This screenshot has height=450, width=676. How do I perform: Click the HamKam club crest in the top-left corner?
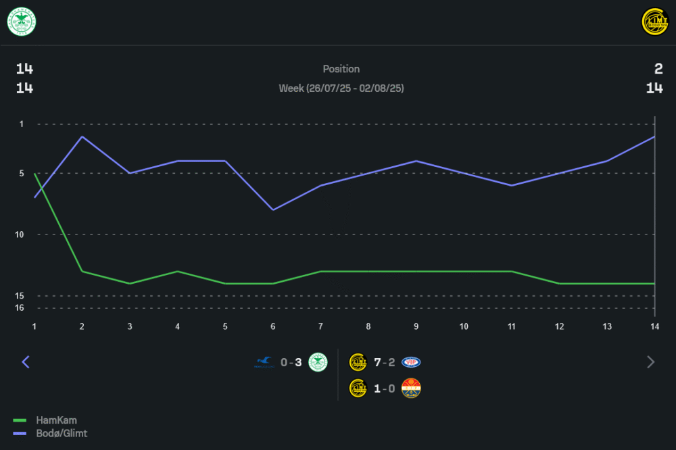click(22, 21)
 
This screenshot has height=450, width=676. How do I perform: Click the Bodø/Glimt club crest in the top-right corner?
click(654, 21)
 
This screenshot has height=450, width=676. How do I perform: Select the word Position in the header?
click(341, 69)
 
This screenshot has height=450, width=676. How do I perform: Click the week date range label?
click(341, 89)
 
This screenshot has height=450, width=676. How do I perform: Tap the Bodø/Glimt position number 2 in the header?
click(658, 69)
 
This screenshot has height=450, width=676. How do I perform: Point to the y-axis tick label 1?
click(22, 124)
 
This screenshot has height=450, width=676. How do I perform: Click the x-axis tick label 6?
click(272, 326)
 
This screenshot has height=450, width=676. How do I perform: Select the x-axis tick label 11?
click(511, 326)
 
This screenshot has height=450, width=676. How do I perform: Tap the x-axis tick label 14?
click(654, 326)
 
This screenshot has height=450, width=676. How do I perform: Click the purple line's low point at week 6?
click(272, 209)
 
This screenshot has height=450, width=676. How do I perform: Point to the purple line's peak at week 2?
click(82, 136)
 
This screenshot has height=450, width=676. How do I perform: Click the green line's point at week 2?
click(82, 272)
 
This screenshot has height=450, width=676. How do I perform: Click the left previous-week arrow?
click(26, 362)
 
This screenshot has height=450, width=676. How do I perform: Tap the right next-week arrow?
click(650, 362)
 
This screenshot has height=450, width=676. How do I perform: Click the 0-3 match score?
click(291, 363)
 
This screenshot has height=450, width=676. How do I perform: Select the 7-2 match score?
click(384, 363)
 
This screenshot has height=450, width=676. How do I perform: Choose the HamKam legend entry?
click(55, 420)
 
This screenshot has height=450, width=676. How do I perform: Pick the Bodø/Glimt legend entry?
click(61, 433)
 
